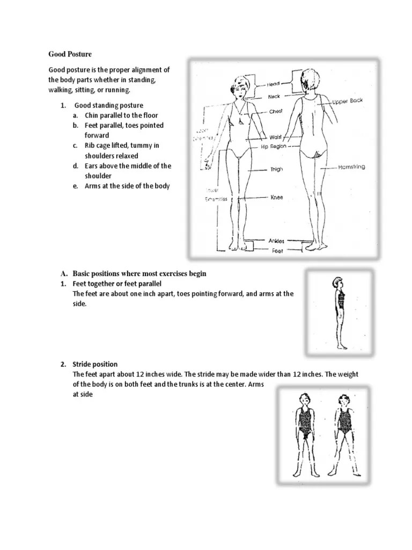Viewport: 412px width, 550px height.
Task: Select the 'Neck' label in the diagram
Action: coord(275,97)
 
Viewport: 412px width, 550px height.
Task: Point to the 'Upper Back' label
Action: coord(348,101)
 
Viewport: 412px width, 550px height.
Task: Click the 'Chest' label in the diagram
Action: coord(276,111)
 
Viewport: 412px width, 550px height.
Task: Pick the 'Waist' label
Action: coord(276,137)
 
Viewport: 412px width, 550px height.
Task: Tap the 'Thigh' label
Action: coord(276,169)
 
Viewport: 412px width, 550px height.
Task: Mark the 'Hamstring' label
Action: coord(351,167)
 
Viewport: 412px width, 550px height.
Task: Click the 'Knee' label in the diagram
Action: coord(277,198)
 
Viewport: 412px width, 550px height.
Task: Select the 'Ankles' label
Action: coord(276,241)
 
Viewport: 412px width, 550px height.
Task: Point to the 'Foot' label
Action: coord(276,250)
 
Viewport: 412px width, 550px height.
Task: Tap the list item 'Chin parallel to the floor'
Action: coord(121,115)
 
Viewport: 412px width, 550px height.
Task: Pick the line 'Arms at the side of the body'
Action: coord(127,186)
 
